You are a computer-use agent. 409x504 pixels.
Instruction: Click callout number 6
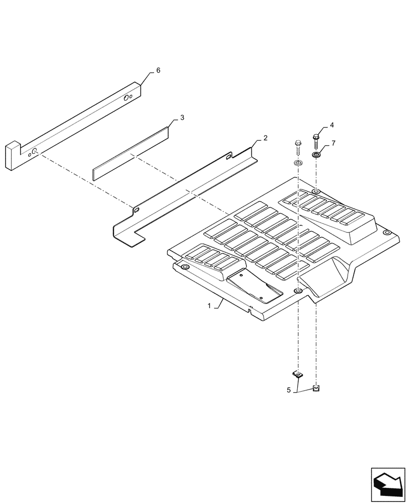[158, 71]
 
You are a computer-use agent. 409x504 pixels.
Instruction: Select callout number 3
[182, 117]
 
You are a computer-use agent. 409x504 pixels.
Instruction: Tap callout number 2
[265, 138]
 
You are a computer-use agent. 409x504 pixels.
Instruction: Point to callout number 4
[331, 124]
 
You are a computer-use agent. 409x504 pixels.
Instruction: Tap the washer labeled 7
[316, 154]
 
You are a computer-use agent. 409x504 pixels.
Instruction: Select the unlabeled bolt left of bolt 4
[298, 149]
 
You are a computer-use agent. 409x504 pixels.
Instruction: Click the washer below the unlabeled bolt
[298, 164]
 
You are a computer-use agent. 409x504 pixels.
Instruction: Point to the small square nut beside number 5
[316, 387]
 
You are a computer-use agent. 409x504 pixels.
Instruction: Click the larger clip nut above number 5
[298, 374]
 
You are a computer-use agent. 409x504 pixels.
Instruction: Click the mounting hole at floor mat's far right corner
[387, 232]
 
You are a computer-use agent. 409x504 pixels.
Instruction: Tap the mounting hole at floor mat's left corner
[185, 267]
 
